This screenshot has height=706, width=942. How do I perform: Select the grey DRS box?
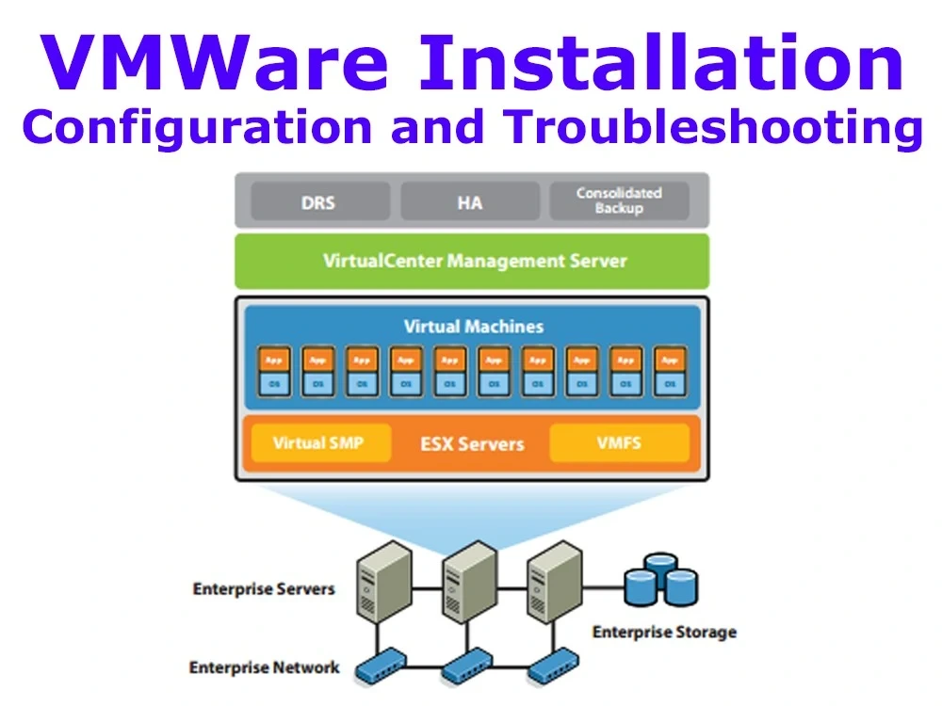coord(319,201)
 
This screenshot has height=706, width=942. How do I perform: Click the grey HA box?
coord(470,201)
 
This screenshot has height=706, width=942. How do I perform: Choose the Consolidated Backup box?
coord(619,201)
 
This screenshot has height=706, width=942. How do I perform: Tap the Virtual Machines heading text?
coord(473,327)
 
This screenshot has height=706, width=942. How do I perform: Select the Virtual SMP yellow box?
coord(317,442)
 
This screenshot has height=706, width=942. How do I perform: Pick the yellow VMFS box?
coord(619,442)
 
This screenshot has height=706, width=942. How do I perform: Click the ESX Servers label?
coord(471,443)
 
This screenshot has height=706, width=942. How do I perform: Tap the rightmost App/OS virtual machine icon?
coord(669,371)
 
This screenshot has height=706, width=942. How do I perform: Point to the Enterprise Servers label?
coord(263,589)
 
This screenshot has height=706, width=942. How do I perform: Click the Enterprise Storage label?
coord(663,632)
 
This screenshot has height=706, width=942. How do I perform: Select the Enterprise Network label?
coord(264,667)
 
